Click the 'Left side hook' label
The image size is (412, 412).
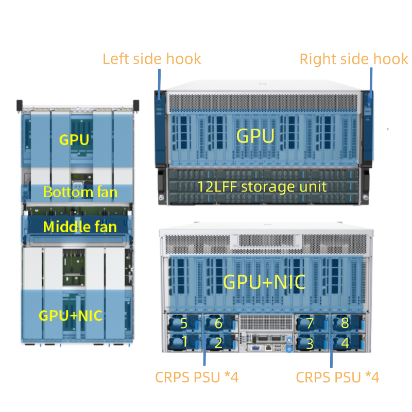coord(151,59)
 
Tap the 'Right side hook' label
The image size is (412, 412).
coord(354,59)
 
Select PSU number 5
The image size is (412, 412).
coord(184,323)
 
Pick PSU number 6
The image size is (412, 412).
coord(218,323)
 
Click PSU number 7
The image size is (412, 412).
coord(310,323)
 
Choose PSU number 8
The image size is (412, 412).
coord(345,323)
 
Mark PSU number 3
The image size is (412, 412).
coord(310,344)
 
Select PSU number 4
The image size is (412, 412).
coord(345,343)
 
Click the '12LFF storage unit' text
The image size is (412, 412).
coord(262,187)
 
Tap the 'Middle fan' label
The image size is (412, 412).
coord(80,227)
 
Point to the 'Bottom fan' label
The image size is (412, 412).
coord(80,192)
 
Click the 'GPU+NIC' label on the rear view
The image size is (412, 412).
coord(264,282)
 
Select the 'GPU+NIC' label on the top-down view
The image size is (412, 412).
coord(71,316)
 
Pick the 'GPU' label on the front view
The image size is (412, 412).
coord(255,136)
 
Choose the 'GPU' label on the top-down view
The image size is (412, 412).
coord(74,140)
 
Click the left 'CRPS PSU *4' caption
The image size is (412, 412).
coord(197,377)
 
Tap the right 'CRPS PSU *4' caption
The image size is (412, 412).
coord(337,377)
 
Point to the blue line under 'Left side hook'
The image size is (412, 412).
coord(159,84)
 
